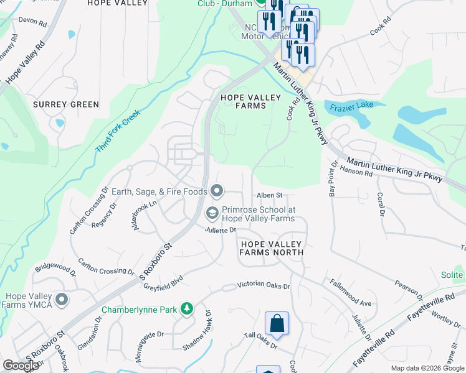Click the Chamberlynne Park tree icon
[x=186, y=309]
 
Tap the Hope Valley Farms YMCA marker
[x=61, y=300]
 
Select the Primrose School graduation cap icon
[x=212, y=214]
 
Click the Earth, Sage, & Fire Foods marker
[x=217, y=191]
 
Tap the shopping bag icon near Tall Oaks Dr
[x=277, y=324]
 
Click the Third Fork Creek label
[x=118, y=132]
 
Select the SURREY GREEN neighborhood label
[x=66, y=104]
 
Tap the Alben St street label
[x=270, y=195]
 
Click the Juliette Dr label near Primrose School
[x=221, y=230]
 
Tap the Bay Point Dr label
[x=333, y=180]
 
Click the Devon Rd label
[x=32, y=21]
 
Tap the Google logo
[x=21, y=366]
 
